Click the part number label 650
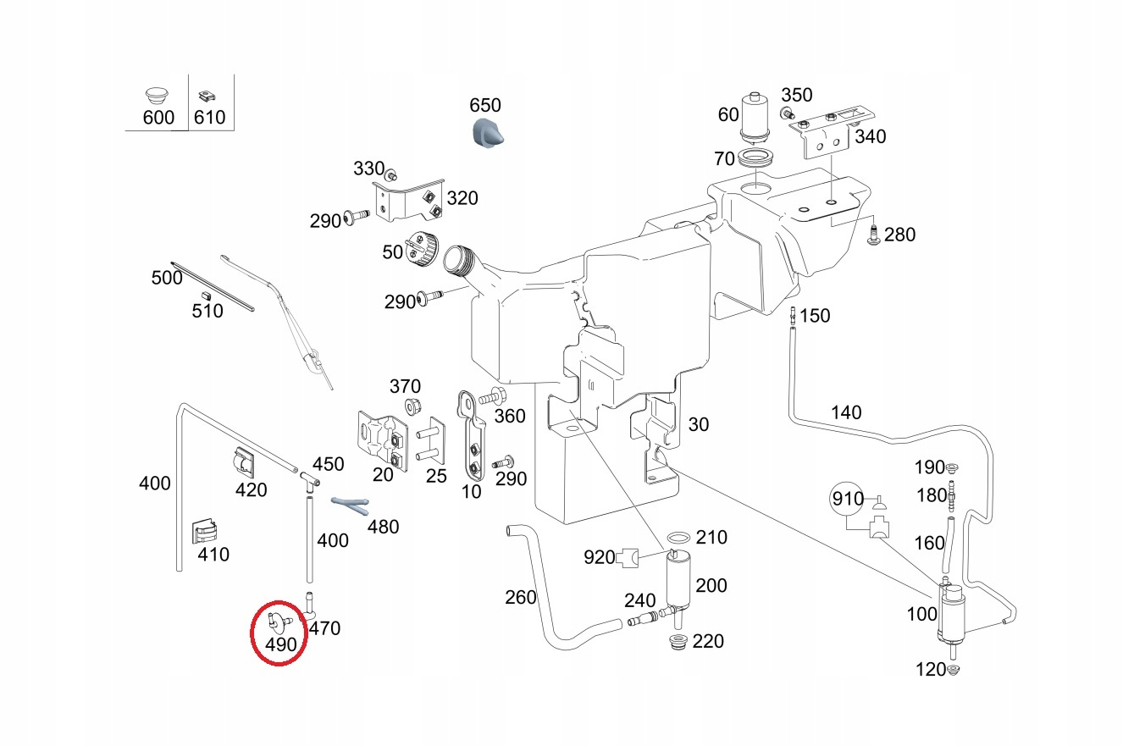point(485,106)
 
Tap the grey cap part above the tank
point(486,133)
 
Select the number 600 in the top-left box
point(158,117)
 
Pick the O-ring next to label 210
point(678,539)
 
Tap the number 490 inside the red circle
point(280,644)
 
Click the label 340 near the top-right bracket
point(870,136)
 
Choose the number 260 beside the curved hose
point(520,597)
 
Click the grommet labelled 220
point(677,641)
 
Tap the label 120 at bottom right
point(930,670)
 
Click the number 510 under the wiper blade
point(207,311)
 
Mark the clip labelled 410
point(204,530)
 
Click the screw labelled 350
point(787,113)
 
